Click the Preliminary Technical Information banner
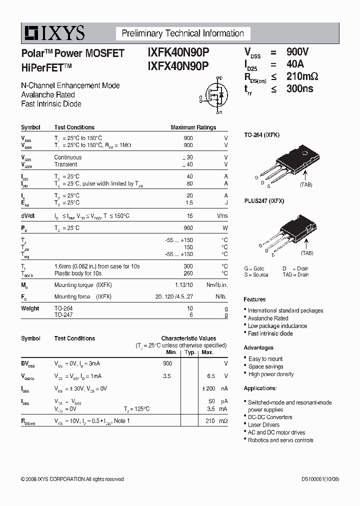(183, 33)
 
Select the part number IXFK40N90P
(178, 52)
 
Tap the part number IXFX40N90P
(178, 66)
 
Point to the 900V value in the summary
(297, 52)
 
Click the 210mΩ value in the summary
(302, 76)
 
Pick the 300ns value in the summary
(299, 89)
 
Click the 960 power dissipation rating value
(188, 228)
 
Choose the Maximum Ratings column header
(193, 127)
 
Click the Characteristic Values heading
(188, 338)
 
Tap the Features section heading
(254, 299)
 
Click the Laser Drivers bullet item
(263, 424)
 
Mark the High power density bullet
(271, 374)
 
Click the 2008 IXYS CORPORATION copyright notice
(72, 479)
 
